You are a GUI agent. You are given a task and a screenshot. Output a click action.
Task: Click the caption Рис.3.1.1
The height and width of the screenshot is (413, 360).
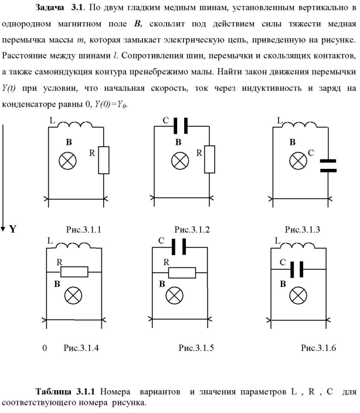pyautogui.click(x=83, y=229)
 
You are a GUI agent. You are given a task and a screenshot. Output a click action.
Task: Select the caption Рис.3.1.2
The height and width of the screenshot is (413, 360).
pyautogui.click(x=191, y=229)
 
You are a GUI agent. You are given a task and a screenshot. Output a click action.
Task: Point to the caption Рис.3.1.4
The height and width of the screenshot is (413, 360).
pyautogui.click(x=80, y=348)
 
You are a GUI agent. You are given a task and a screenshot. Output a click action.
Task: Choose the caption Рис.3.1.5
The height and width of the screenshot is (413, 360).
pyautogui.click(x=196, y=348)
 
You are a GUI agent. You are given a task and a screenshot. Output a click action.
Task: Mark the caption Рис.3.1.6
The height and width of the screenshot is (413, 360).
pyautogui.click(x=318, y=348)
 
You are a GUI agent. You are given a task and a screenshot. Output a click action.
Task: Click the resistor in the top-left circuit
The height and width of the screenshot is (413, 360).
pyautogui.click(x=103, y=160)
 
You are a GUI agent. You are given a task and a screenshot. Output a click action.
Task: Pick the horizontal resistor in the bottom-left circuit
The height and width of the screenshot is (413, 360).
pyautogui.click(x=74, y=272)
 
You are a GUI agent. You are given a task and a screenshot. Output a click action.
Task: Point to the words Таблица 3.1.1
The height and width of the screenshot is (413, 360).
pyautogui.click(x=65, y=391)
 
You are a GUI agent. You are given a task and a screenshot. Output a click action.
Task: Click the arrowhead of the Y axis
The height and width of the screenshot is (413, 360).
pyautogui.click(x=4, y=226)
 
